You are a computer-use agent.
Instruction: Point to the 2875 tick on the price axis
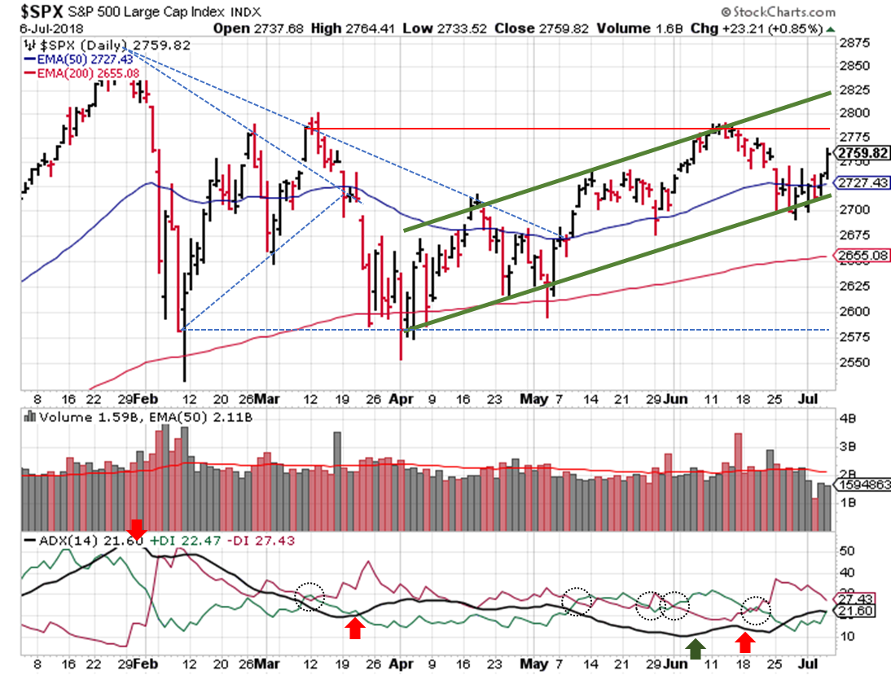pyautogui.click(x=853, y=42)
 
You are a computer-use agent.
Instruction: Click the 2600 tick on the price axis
pyautogui.click(x=853, y=311)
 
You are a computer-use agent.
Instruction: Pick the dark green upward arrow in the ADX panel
pyautogui.click(x=695, y=649)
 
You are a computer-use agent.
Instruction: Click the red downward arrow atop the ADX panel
pyautogui.click(x=136, y=528)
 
